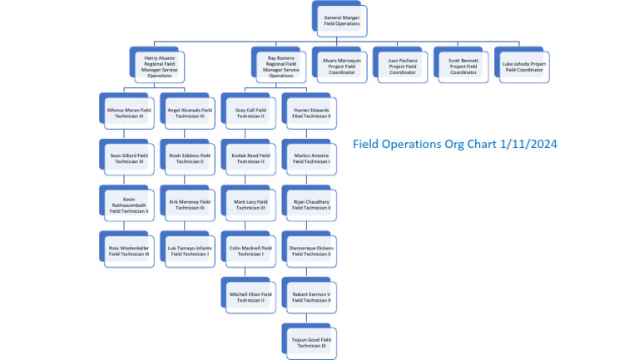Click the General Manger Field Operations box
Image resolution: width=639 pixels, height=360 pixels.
[342, 21]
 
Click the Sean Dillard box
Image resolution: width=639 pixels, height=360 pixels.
[128, 158]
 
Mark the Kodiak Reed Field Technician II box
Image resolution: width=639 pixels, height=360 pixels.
[250, 158]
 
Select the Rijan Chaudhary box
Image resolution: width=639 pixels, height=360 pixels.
[311, 205]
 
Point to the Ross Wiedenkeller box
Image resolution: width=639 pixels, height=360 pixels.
[128, 250]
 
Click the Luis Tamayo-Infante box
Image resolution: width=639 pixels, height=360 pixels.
[189, 250]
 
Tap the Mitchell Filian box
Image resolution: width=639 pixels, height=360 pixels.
[250, 297]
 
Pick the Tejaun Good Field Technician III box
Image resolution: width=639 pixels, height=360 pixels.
[311, 343]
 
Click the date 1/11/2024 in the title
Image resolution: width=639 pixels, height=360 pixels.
[527, 144]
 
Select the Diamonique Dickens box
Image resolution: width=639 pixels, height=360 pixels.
[311, 250]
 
